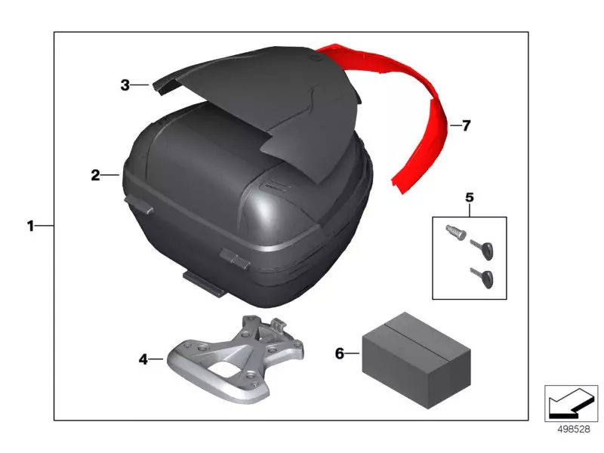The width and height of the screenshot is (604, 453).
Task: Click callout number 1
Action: click(30, 226)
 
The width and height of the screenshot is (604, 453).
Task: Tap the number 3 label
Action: click(125, 85)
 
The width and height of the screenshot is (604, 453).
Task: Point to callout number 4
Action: click(143, 359)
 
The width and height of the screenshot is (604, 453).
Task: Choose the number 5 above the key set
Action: click(469, 198)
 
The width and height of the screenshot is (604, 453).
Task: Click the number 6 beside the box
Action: click(340, 353)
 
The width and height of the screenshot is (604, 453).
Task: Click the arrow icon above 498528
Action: click(570, 403)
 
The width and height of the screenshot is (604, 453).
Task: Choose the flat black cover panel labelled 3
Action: click(272, 106)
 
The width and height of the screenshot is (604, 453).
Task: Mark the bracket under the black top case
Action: click(204, 283)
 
